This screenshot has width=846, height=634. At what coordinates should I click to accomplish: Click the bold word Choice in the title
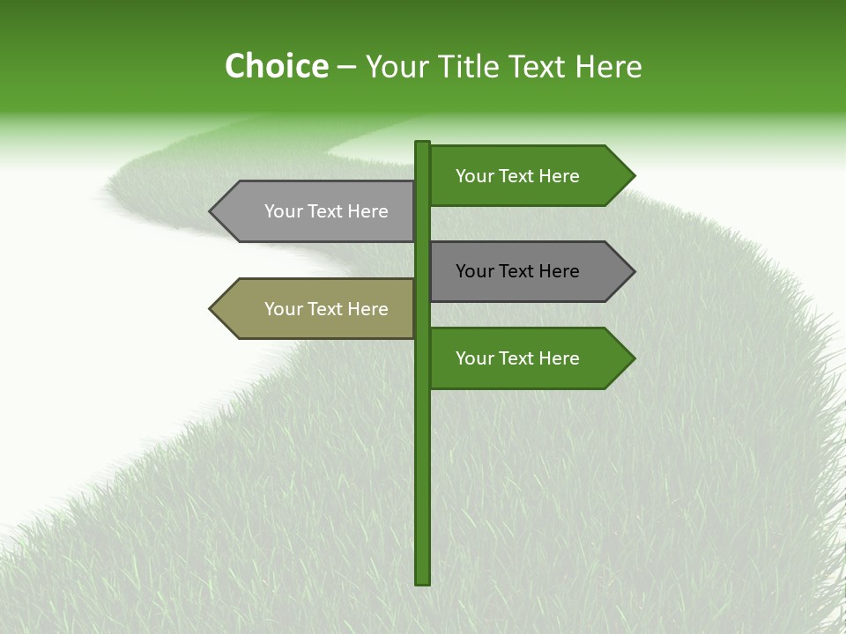click(x=276, y=67)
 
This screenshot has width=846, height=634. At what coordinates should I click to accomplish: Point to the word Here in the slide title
click(x=608, y=67)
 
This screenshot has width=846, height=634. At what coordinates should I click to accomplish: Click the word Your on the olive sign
click(x=283, y=309)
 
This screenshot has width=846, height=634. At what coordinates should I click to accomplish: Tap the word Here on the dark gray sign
click(x=560, y=271)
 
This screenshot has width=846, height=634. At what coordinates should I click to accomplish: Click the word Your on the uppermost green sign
click(x=474, y=176)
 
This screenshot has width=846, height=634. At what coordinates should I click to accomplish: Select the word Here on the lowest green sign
click(x=560, y=358)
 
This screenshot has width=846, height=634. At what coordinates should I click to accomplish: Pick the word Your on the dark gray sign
click(x=474, y=271)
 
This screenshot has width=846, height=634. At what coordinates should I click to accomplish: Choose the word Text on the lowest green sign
click(x=516, y=358)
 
